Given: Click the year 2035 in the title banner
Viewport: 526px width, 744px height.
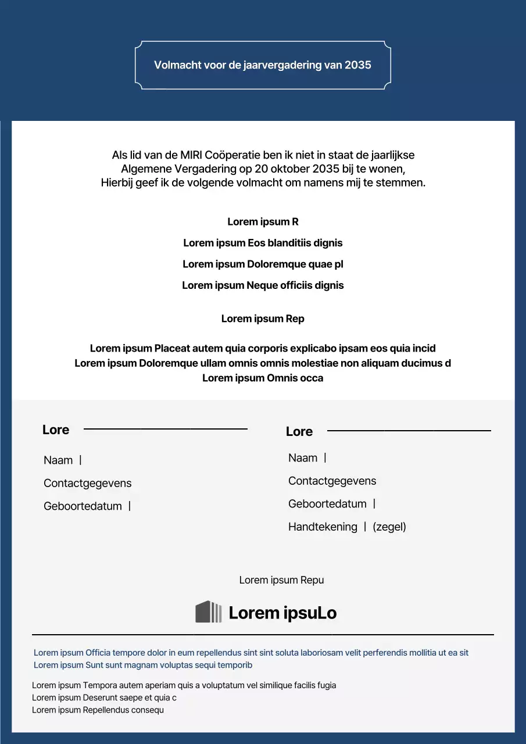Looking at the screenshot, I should (x=357, y=65).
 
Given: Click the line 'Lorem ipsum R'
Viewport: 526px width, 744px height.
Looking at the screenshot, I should (x=263, y=221).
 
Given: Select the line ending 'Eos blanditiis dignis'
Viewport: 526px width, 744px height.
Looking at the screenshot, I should (x=263, y=243).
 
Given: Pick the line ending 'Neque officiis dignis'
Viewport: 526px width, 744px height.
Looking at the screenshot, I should (x=263, y=285).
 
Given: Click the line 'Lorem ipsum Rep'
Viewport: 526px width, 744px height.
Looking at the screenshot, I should (x=263, y=319).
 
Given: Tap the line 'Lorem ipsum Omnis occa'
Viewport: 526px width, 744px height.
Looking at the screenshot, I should (x=263, y=378).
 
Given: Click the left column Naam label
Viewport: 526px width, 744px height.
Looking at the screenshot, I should (x=58, y=460).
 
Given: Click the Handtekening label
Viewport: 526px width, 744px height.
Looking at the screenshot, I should (x=323, y=527).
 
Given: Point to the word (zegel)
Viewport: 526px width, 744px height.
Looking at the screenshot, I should (x=389, y=527).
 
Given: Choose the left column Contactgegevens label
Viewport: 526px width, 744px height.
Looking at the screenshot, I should (x=87, y=483).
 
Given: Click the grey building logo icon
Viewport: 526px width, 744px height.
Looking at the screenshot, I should (x=208, y=612).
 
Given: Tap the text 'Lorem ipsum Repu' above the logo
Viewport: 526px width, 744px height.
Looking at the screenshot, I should (x=281, y=580).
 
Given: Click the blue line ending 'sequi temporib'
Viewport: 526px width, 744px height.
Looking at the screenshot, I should (x=143, y=665).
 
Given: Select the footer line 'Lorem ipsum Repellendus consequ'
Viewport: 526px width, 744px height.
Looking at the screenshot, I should (x=98, y=710).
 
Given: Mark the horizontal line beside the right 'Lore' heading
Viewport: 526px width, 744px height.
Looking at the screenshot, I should (x=409, y=431).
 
